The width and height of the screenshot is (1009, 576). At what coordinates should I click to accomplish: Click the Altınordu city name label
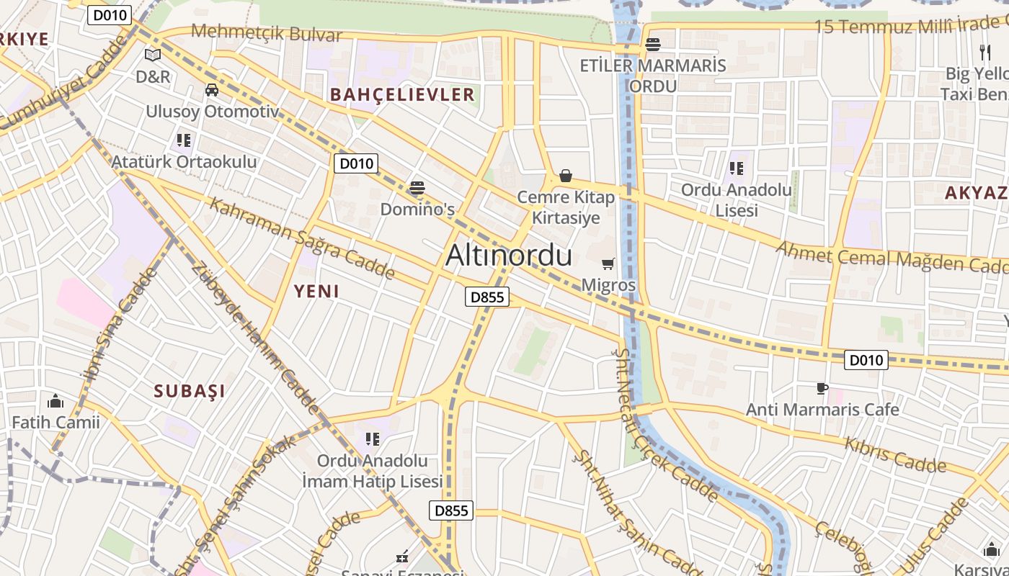tap(509, 256)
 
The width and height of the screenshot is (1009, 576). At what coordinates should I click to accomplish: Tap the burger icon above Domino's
tap(417, 189)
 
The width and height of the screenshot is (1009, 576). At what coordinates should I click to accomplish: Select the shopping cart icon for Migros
tap(608, 264)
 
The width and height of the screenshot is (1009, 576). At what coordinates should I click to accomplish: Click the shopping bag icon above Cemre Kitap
tap(566, 176)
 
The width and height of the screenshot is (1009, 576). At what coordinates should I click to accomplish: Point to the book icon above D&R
tap(152, 55)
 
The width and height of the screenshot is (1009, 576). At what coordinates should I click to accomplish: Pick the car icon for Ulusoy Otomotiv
tap(212, 90)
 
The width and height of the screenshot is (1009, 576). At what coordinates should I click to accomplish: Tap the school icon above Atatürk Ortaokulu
tap(183, 140)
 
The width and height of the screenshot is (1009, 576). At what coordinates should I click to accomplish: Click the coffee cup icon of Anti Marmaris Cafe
tap(822, 389)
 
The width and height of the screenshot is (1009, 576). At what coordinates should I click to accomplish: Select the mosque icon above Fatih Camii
tap(55, 401)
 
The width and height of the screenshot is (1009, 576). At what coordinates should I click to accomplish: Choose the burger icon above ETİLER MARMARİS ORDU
tap(653, 45)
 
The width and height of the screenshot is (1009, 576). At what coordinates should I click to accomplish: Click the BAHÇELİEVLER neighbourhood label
tap(402, 94)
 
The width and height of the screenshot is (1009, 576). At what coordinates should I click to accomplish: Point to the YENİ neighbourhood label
tap(316, 292)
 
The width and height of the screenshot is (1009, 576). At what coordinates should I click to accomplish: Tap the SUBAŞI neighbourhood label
tap(190, 391)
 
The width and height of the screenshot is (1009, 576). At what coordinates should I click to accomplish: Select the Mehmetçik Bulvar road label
tap(267, 32)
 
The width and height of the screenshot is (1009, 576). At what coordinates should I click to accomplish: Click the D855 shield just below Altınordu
tap(487, 297)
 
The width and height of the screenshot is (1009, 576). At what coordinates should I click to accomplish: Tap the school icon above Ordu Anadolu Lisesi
tap(736, 168)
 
